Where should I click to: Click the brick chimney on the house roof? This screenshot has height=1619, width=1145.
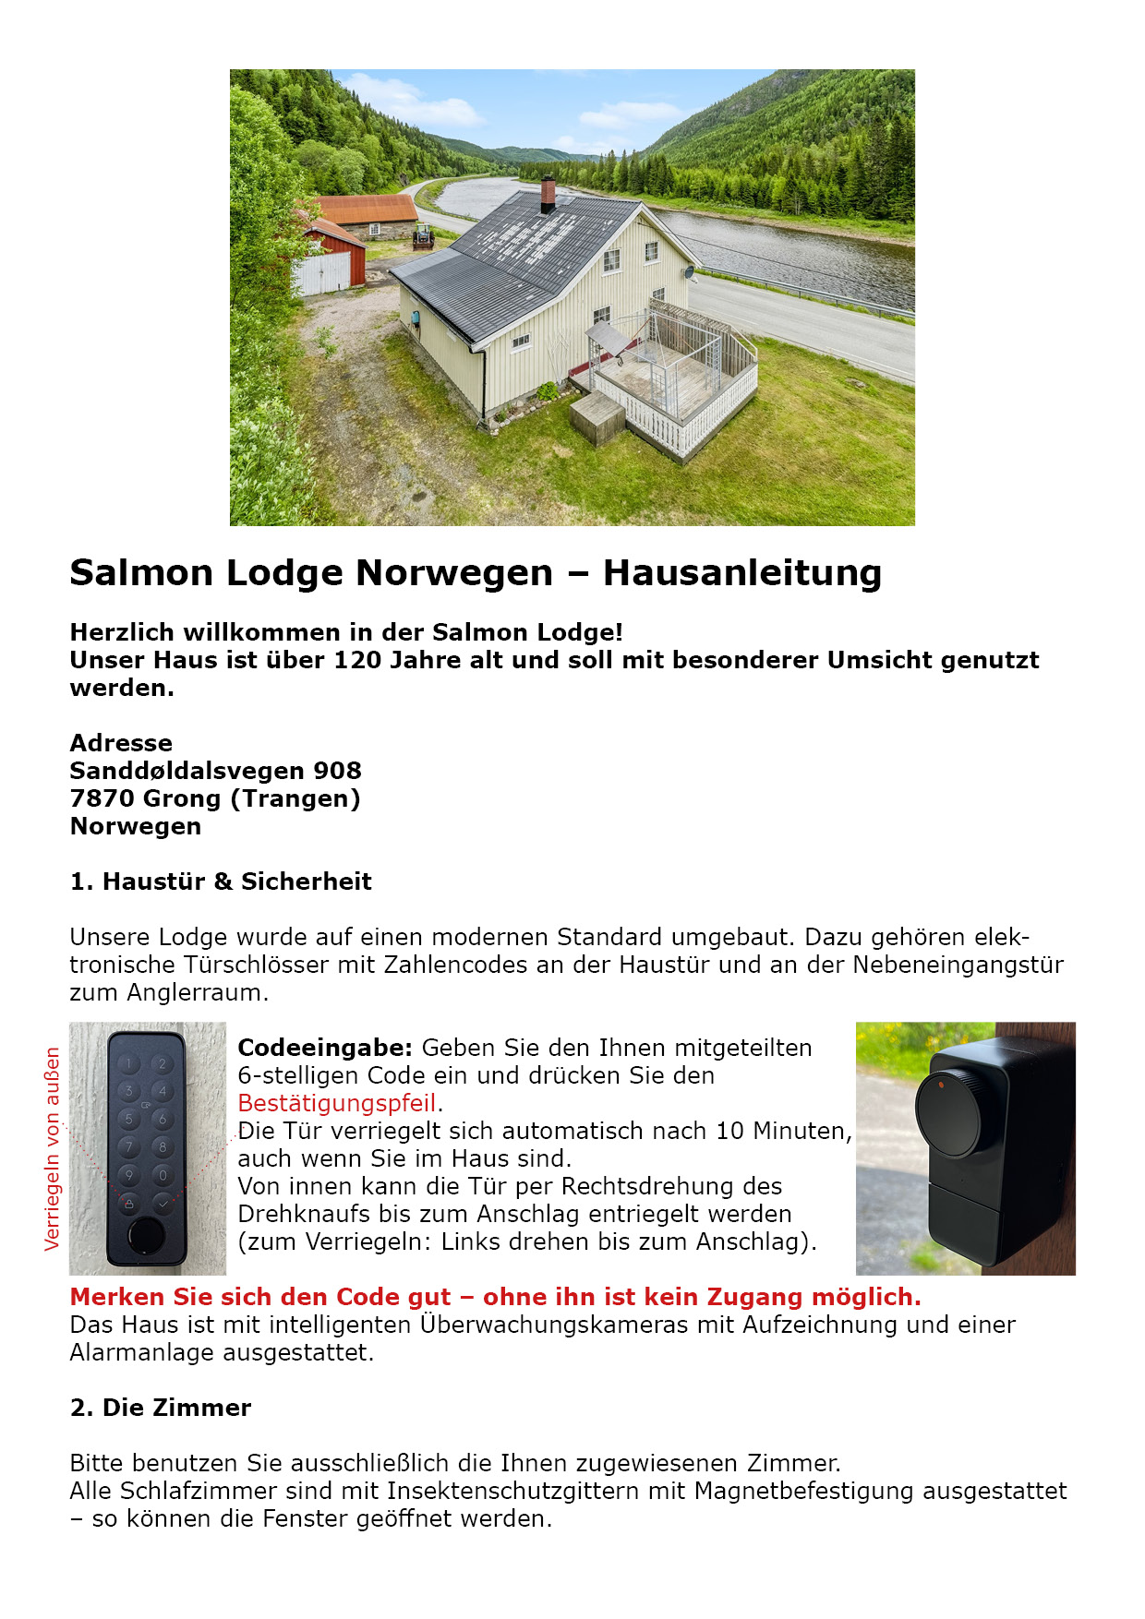click(548, 193)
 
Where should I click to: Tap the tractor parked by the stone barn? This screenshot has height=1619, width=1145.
click(423, 236)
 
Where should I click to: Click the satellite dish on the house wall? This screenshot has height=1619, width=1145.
click(688, 273)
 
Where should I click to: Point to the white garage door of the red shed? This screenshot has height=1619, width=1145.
click(322, 273)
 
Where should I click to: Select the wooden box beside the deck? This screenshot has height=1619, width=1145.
click(597, 418)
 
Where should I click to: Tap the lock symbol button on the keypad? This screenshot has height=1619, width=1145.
click(129, 1203)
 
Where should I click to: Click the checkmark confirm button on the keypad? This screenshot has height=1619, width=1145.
click(163, 1203)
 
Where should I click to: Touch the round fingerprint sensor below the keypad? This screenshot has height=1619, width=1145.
click(144, 1235)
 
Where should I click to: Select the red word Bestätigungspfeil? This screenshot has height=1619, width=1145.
click(336, 1103)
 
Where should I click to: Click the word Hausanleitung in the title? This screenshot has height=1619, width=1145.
click(742, 573)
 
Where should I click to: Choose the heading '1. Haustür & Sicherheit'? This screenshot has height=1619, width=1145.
click(221, 881)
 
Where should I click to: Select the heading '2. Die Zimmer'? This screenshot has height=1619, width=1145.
click(161, 1408)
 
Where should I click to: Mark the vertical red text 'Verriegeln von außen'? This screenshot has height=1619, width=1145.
click(53, 1148)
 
